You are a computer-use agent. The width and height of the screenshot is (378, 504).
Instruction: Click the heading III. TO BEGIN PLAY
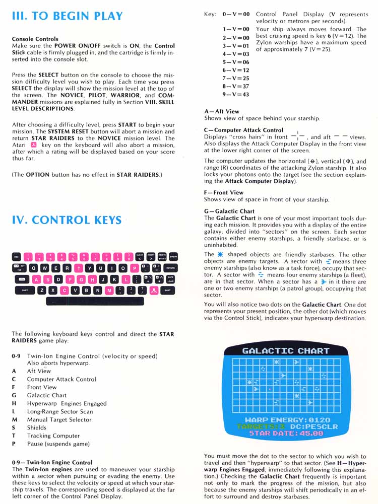[67, 15]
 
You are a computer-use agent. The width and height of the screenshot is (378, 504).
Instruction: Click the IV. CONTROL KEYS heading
[67, 220]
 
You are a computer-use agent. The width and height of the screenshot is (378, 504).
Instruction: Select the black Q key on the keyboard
[34, 268]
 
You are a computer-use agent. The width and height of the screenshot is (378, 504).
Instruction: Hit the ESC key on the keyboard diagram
[16, 256]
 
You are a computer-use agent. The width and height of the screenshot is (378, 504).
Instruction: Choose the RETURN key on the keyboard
[170, 268]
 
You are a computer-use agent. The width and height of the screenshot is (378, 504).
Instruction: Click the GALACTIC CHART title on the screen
[286, 350]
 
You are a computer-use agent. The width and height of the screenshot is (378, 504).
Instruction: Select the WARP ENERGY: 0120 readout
[287, 420]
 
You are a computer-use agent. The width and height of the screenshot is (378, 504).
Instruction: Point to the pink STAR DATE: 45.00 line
[286, 433]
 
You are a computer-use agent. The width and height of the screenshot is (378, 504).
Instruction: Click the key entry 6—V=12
[236, 70]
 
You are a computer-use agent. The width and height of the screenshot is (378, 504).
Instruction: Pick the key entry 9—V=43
[236, 94]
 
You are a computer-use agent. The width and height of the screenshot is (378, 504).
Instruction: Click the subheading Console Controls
[35, 39]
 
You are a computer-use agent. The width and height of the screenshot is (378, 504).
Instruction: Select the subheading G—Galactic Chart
[229, 211]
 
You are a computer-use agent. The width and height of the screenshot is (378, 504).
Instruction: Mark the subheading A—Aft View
[222, 111]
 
